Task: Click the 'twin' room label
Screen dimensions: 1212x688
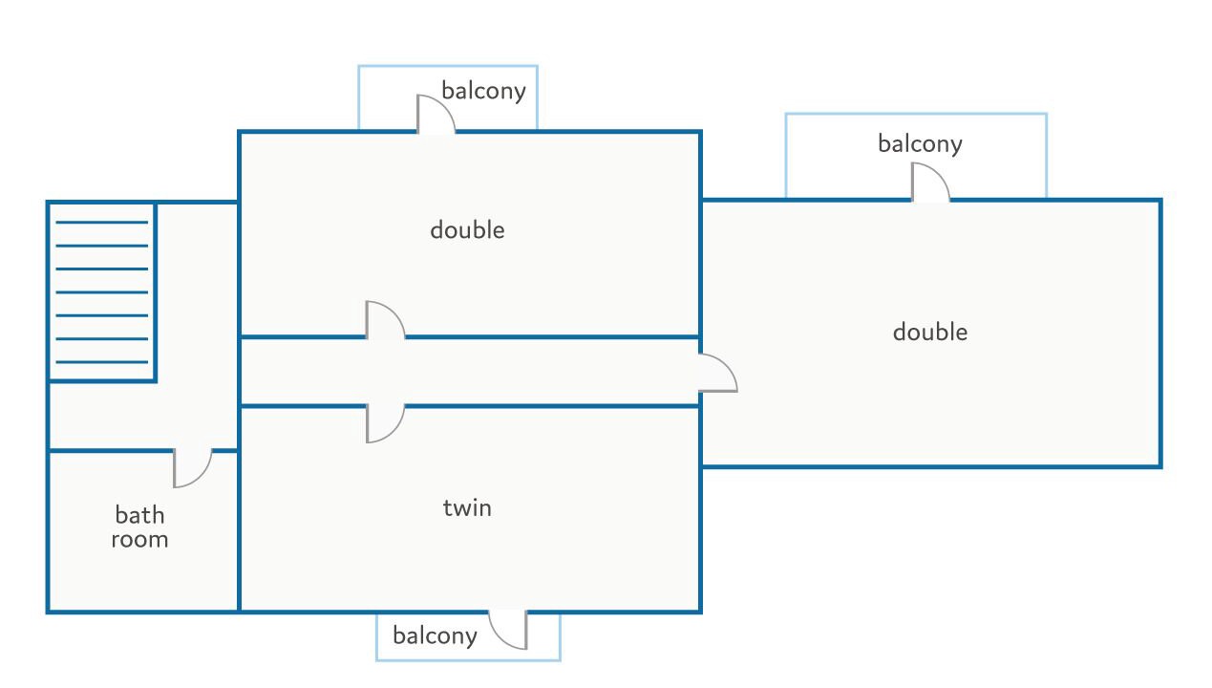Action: [x=467, y=507]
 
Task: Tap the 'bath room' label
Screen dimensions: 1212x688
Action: [x=139, y=527]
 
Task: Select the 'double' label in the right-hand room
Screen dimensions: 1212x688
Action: [x=930, y=332]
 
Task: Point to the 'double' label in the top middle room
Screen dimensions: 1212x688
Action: [x=467, y=230]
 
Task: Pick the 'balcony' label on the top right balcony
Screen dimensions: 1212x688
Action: [x=920, y=144]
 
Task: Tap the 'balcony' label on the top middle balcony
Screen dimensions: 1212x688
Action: [x=483, y=91]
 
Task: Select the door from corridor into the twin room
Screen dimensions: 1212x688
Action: [x=385, y=424]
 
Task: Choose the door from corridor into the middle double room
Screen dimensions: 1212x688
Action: [x=385, y=320]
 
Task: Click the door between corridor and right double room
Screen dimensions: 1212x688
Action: [x=718, y=373]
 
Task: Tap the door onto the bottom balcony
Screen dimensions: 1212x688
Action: [x=507, y=630]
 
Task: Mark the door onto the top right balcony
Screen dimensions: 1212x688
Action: [x=930, y=182]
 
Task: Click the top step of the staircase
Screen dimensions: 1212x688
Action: [x=102, y=223]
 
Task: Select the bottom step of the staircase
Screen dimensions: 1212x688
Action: [x=102, y=362]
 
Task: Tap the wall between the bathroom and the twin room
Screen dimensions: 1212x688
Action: [x=239, y=531]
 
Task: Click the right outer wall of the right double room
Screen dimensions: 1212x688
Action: [x=1160, y=333]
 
